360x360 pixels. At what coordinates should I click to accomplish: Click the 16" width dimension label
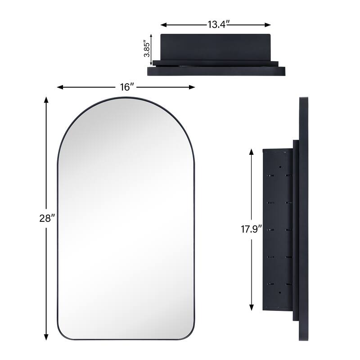[127, 87]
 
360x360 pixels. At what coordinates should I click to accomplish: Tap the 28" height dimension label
[46, 218]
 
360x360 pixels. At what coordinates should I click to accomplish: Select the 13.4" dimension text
[216, 25]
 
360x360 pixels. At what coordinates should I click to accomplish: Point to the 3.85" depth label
[146, 47]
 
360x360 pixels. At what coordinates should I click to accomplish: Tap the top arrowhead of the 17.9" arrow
[251, 152]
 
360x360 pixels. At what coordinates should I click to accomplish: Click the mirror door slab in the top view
[216, 71]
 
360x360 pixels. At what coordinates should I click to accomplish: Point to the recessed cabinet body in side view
[276, 229]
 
